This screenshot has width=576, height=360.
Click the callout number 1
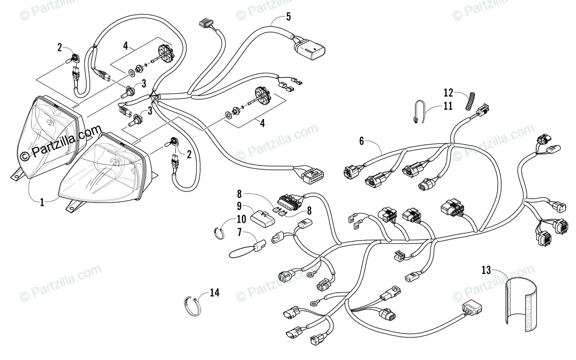pos(42,203)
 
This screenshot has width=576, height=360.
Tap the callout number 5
pos(288,17)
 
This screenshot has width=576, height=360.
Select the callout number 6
pos(361,141)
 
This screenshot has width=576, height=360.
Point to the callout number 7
pos(239,232)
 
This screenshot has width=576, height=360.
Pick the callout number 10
pos(241,219)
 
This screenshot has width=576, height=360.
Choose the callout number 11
pos(447,106)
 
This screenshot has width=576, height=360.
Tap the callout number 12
pos(448,92)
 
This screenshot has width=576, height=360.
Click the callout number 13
pos(487,270)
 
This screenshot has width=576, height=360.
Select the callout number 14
pos(214,292)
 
